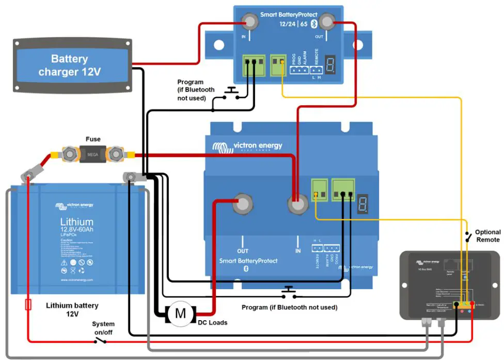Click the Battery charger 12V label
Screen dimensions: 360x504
[x=69, y=66]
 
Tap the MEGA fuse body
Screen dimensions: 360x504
[x=93, y=153]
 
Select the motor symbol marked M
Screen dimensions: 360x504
[x=180, y=313]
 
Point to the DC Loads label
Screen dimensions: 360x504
[x=212, y=322]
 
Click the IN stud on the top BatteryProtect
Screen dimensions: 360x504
[x=250, y=22]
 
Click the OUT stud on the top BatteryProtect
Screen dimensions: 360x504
[x=326, y=22]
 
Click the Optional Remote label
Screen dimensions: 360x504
[x=487, y=236]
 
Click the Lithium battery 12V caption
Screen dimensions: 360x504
[x=72, y=309]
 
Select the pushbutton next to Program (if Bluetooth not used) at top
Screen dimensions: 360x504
[x=231, y=93]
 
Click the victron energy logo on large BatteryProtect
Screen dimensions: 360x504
[x=247, y=146]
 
